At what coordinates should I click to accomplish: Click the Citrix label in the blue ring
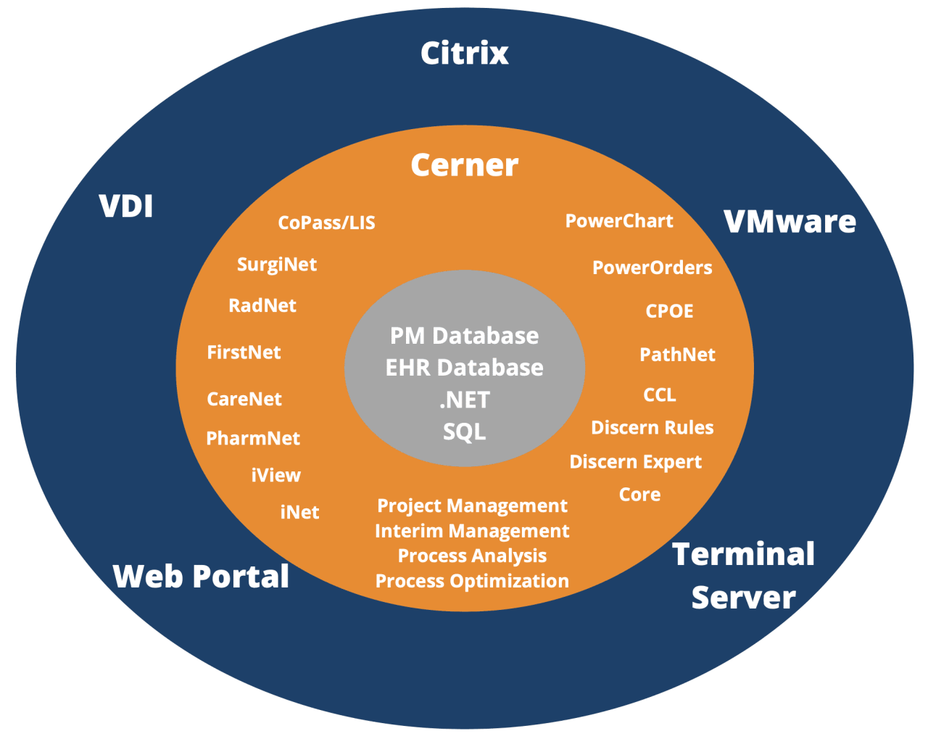tap(464, 53)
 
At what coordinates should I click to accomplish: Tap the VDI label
tap(126, 206)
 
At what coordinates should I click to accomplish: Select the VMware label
tap(790, 221)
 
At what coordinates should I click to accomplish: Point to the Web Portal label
tap(201, 577)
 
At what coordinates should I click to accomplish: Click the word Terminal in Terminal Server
tap(744, 554)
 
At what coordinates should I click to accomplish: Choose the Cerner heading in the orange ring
tap(464, 165)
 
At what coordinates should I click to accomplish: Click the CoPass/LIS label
tap(326, 223)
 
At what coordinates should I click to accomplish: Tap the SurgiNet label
tap(277, 265)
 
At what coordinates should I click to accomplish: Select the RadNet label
tap(262, 305)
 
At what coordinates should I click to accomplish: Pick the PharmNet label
tap(253, 438)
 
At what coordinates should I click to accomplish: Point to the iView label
tap(275, 475)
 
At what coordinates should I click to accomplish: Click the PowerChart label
tap(619, 221)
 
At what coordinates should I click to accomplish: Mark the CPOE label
tap(669, 311)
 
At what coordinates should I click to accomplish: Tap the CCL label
tap(660, 395)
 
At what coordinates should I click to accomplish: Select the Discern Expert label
tap(635, 462)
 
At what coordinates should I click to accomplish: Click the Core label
tap(639, 495)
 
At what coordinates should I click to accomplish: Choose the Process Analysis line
tap(472, 556)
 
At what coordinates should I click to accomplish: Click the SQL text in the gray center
tap(464, 432)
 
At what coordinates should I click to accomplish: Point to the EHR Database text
tap(464, 368)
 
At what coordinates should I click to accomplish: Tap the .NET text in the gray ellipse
tap(464, 400)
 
